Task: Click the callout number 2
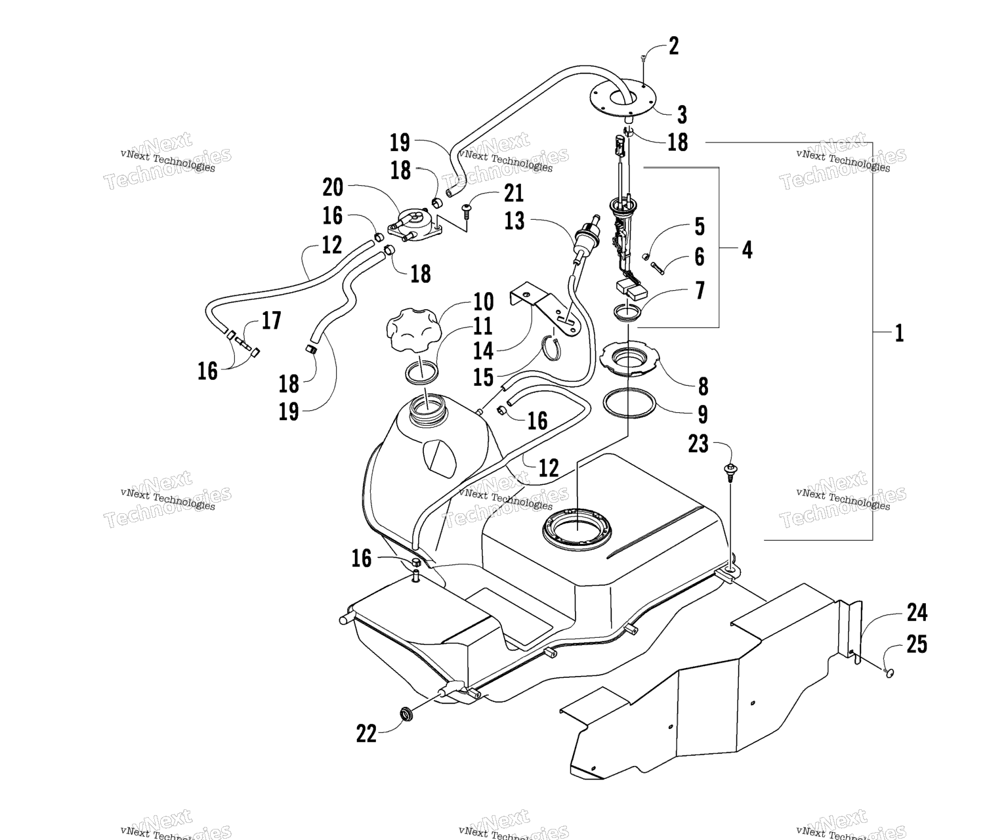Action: [x=673, y=47]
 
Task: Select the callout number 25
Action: [x=917, y=644]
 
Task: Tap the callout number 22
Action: [x=366, y=734]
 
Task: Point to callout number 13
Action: [x=514, y=221]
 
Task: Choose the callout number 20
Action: [x=333, y=187]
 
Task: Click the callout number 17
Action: [x=271, y=320]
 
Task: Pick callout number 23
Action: [x=698, y=444]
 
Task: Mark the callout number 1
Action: [x=899, y=333]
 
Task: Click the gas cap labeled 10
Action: [x=411, y=331]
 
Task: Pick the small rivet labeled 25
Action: [x=889, y=672]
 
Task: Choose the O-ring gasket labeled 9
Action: [x=629, y=403]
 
